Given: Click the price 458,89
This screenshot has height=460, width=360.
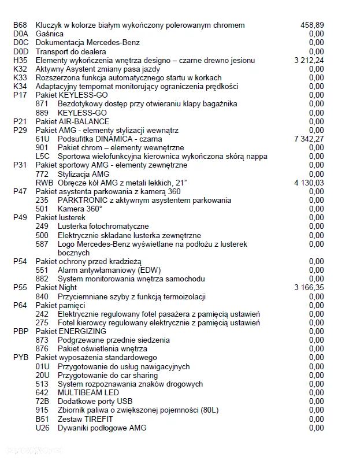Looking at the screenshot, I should (312, 25).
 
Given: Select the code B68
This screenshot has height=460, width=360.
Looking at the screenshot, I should (20, 25).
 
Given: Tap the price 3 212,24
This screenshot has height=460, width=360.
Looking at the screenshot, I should (309, 60).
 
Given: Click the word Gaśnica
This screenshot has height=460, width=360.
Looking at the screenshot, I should (50, 34).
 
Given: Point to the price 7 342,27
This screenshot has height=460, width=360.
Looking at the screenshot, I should (309, 139).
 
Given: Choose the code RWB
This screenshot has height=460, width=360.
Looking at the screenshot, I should (44, 183).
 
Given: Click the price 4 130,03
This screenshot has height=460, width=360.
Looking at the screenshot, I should (309, 183).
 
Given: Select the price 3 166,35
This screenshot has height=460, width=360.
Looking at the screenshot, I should (309, 287).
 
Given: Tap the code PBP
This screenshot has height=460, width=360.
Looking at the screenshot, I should (21, 331).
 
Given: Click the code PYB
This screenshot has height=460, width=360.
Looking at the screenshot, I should (21, 358).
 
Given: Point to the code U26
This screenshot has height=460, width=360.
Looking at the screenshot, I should (43, 428).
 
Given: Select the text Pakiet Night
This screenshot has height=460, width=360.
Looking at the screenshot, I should (56, 287).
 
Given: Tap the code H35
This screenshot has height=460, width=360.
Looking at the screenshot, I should (20, 60).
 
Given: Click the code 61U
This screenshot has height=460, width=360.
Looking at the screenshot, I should (43, 139).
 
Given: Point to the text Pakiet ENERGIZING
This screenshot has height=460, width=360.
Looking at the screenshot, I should (70, 331).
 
